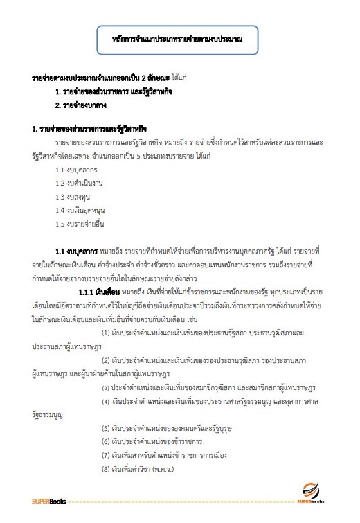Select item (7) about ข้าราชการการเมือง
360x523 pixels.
[159, 456]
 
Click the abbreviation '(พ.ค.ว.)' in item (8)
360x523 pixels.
[162, 470]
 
